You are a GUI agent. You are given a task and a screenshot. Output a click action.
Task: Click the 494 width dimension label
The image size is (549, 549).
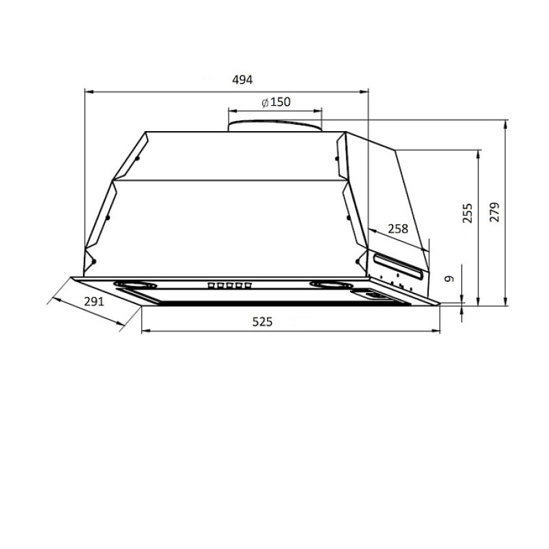click(242, 80)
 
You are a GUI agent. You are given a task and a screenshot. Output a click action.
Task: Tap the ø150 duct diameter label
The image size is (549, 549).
click(277, 102)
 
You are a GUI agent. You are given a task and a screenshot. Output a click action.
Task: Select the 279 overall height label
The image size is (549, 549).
click(495, 212)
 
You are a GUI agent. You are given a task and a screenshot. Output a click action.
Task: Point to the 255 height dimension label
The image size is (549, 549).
click(467, 213)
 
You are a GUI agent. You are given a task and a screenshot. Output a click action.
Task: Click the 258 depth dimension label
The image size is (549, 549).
click(398, 229)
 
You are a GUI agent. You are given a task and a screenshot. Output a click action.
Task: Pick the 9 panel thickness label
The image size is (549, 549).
click(449, 279)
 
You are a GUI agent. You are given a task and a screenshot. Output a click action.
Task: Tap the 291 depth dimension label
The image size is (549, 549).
click(94, 301)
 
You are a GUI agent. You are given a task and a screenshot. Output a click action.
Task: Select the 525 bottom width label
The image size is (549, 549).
click(262, 322)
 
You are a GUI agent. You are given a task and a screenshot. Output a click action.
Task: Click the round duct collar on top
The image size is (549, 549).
click(275, 126)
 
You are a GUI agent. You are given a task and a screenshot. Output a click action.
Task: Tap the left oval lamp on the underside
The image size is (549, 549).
click(135, 284)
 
